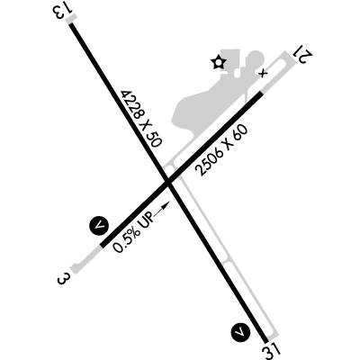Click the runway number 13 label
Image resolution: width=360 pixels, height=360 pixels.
[63, 11]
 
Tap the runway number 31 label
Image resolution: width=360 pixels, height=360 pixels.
[272, 351]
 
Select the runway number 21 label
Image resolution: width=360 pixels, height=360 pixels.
[304, 55]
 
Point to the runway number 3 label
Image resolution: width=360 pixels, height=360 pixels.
[62, 279]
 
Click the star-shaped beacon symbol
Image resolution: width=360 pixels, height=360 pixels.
[218, 62]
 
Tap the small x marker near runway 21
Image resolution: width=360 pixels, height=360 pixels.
[263, 73]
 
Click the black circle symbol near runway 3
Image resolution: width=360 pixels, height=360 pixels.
[99, 226]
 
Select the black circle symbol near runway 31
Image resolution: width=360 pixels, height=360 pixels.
[240, 332]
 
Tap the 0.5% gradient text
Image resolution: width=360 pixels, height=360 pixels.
[125, 239]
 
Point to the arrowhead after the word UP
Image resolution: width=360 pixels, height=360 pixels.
[166, 205]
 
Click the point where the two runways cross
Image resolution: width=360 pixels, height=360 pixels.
[168, 183]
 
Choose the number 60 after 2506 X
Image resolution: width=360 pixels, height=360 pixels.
[240, 132]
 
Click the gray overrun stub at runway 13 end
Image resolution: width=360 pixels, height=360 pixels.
[71, 20]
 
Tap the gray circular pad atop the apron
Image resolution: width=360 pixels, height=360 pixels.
[255, 58]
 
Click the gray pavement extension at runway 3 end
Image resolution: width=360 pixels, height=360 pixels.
[85, 260]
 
